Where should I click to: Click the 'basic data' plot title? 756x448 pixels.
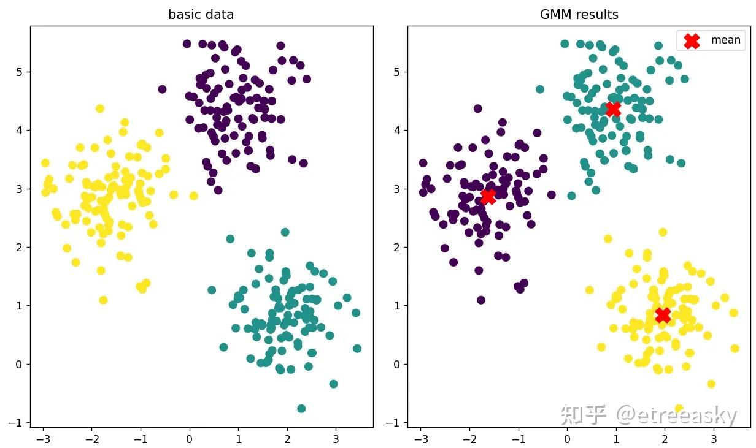(x=201, y=15)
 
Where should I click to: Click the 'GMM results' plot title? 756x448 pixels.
(x=579, y=15)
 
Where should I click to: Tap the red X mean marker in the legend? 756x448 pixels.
(x=692, y=40)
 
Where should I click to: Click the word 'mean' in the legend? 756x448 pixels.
(x=725, y=40)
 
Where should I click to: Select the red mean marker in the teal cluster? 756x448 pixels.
(x=613, y=109)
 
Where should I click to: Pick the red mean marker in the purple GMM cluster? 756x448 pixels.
(x=488, y=197)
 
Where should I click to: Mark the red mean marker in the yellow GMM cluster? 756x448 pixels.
(x=663, y=315)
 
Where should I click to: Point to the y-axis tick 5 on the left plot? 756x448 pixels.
(x=20, y=72)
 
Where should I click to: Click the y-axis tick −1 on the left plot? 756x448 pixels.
(x=18, y=423)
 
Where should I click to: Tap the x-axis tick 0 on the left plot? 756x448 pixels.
(x=189, y=439)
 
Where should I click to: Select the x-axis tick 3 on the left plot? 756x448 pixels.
(x=336, y=439)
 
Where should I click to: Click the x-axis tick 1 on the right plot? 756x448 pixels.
(x=616, y=439)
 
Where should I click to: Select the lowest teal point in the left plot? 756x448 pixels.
(x=301, y=409)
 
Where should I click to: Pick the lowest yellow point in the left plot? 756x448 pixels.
(x=103, y=300)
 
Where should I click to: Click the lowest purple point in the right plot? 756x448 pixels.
(x=481, y=300)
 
